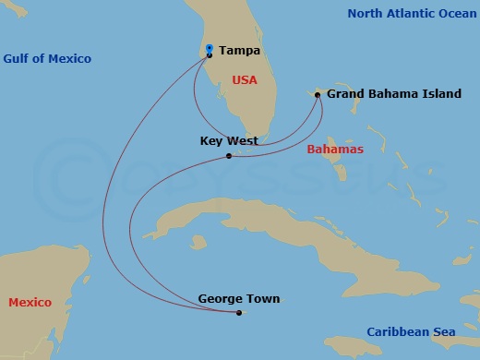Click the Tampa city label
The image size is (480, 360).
tap(239, 51)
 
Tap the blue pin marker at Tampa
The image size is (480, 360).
tap(210, 49)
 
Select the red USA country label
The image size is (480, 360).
tap(245, 80)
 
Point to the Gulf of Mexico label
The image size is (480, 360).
tap(47, 59)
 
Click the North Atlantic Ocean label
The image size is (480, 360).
tap(412, 13)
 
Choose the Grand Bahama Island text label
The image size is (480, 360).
tap(394, 94)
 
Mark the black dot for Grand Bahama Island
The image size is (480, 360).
tap(318, 94)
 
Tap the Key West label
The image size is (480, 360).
tap(228, 141)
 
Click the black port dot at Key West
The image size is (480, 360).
tap(229, 155)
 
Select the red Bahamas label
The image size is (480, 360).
tap(335, 149)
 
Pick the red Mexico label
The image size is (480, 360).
tap(30, 303)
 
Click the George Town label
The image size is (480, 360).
tap(238, 299)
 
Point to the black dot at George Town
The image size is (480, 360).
tap(238, 313)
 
